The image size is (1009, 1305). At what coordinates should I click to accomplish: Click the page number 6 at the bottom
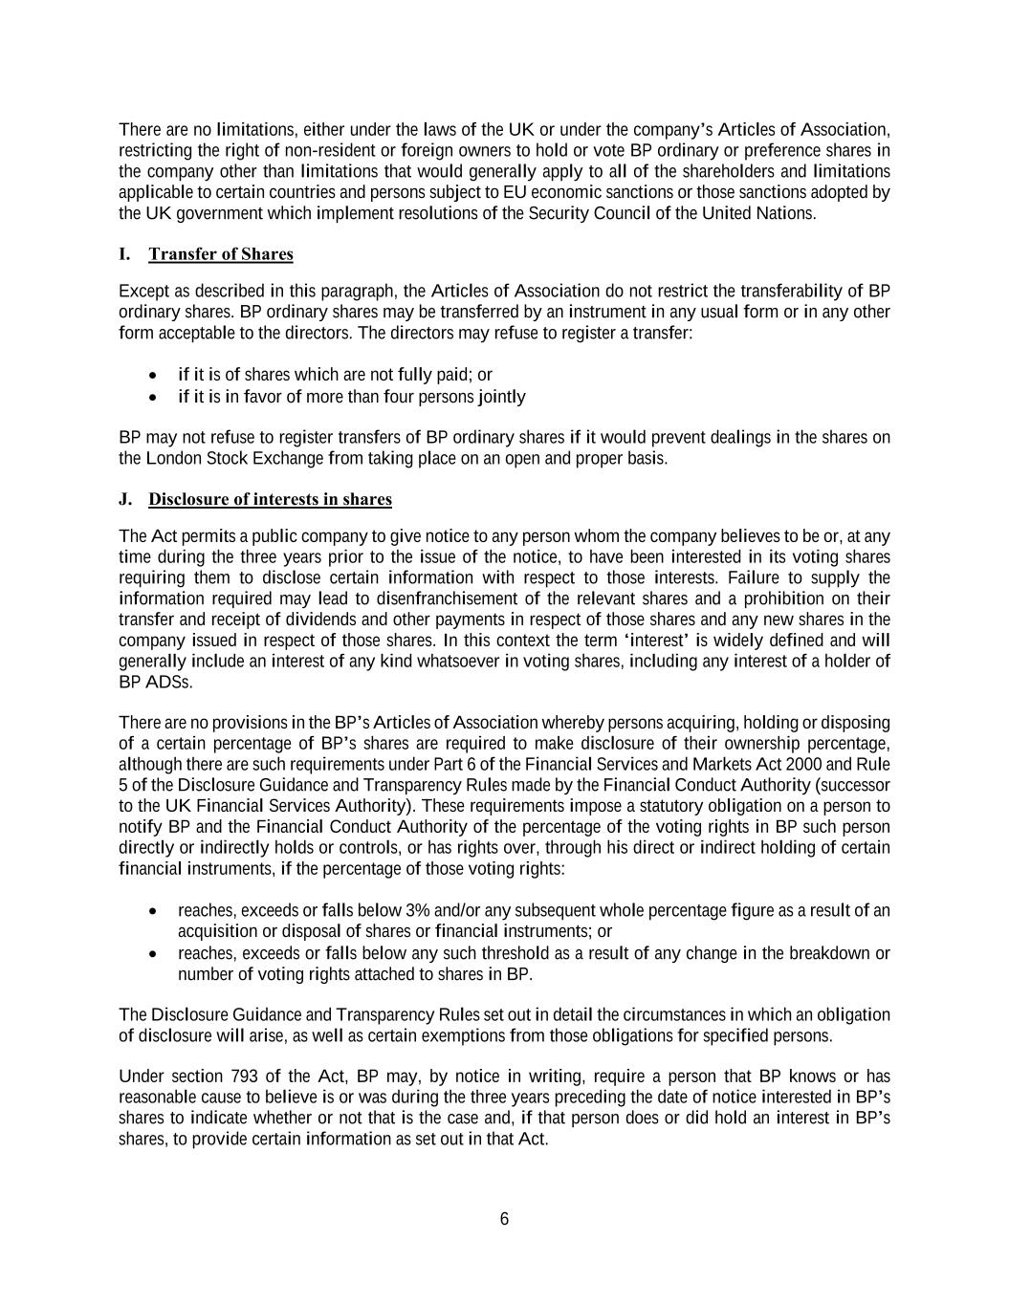click(504, 1219)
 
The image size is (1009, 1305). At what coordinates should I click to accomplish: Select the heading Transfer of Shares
click(221, 254)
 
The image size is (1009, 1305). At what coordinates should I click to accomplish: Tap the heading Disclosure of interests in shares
click(270, 500)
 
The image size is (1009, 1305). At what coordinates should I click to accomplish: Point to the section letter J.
click(124, 500)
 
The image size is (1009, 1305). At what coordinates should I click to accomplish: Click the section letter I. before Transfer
click(124, 254)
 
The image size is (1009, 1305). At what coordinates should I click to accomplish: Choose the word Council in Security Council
click(618, 213)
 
